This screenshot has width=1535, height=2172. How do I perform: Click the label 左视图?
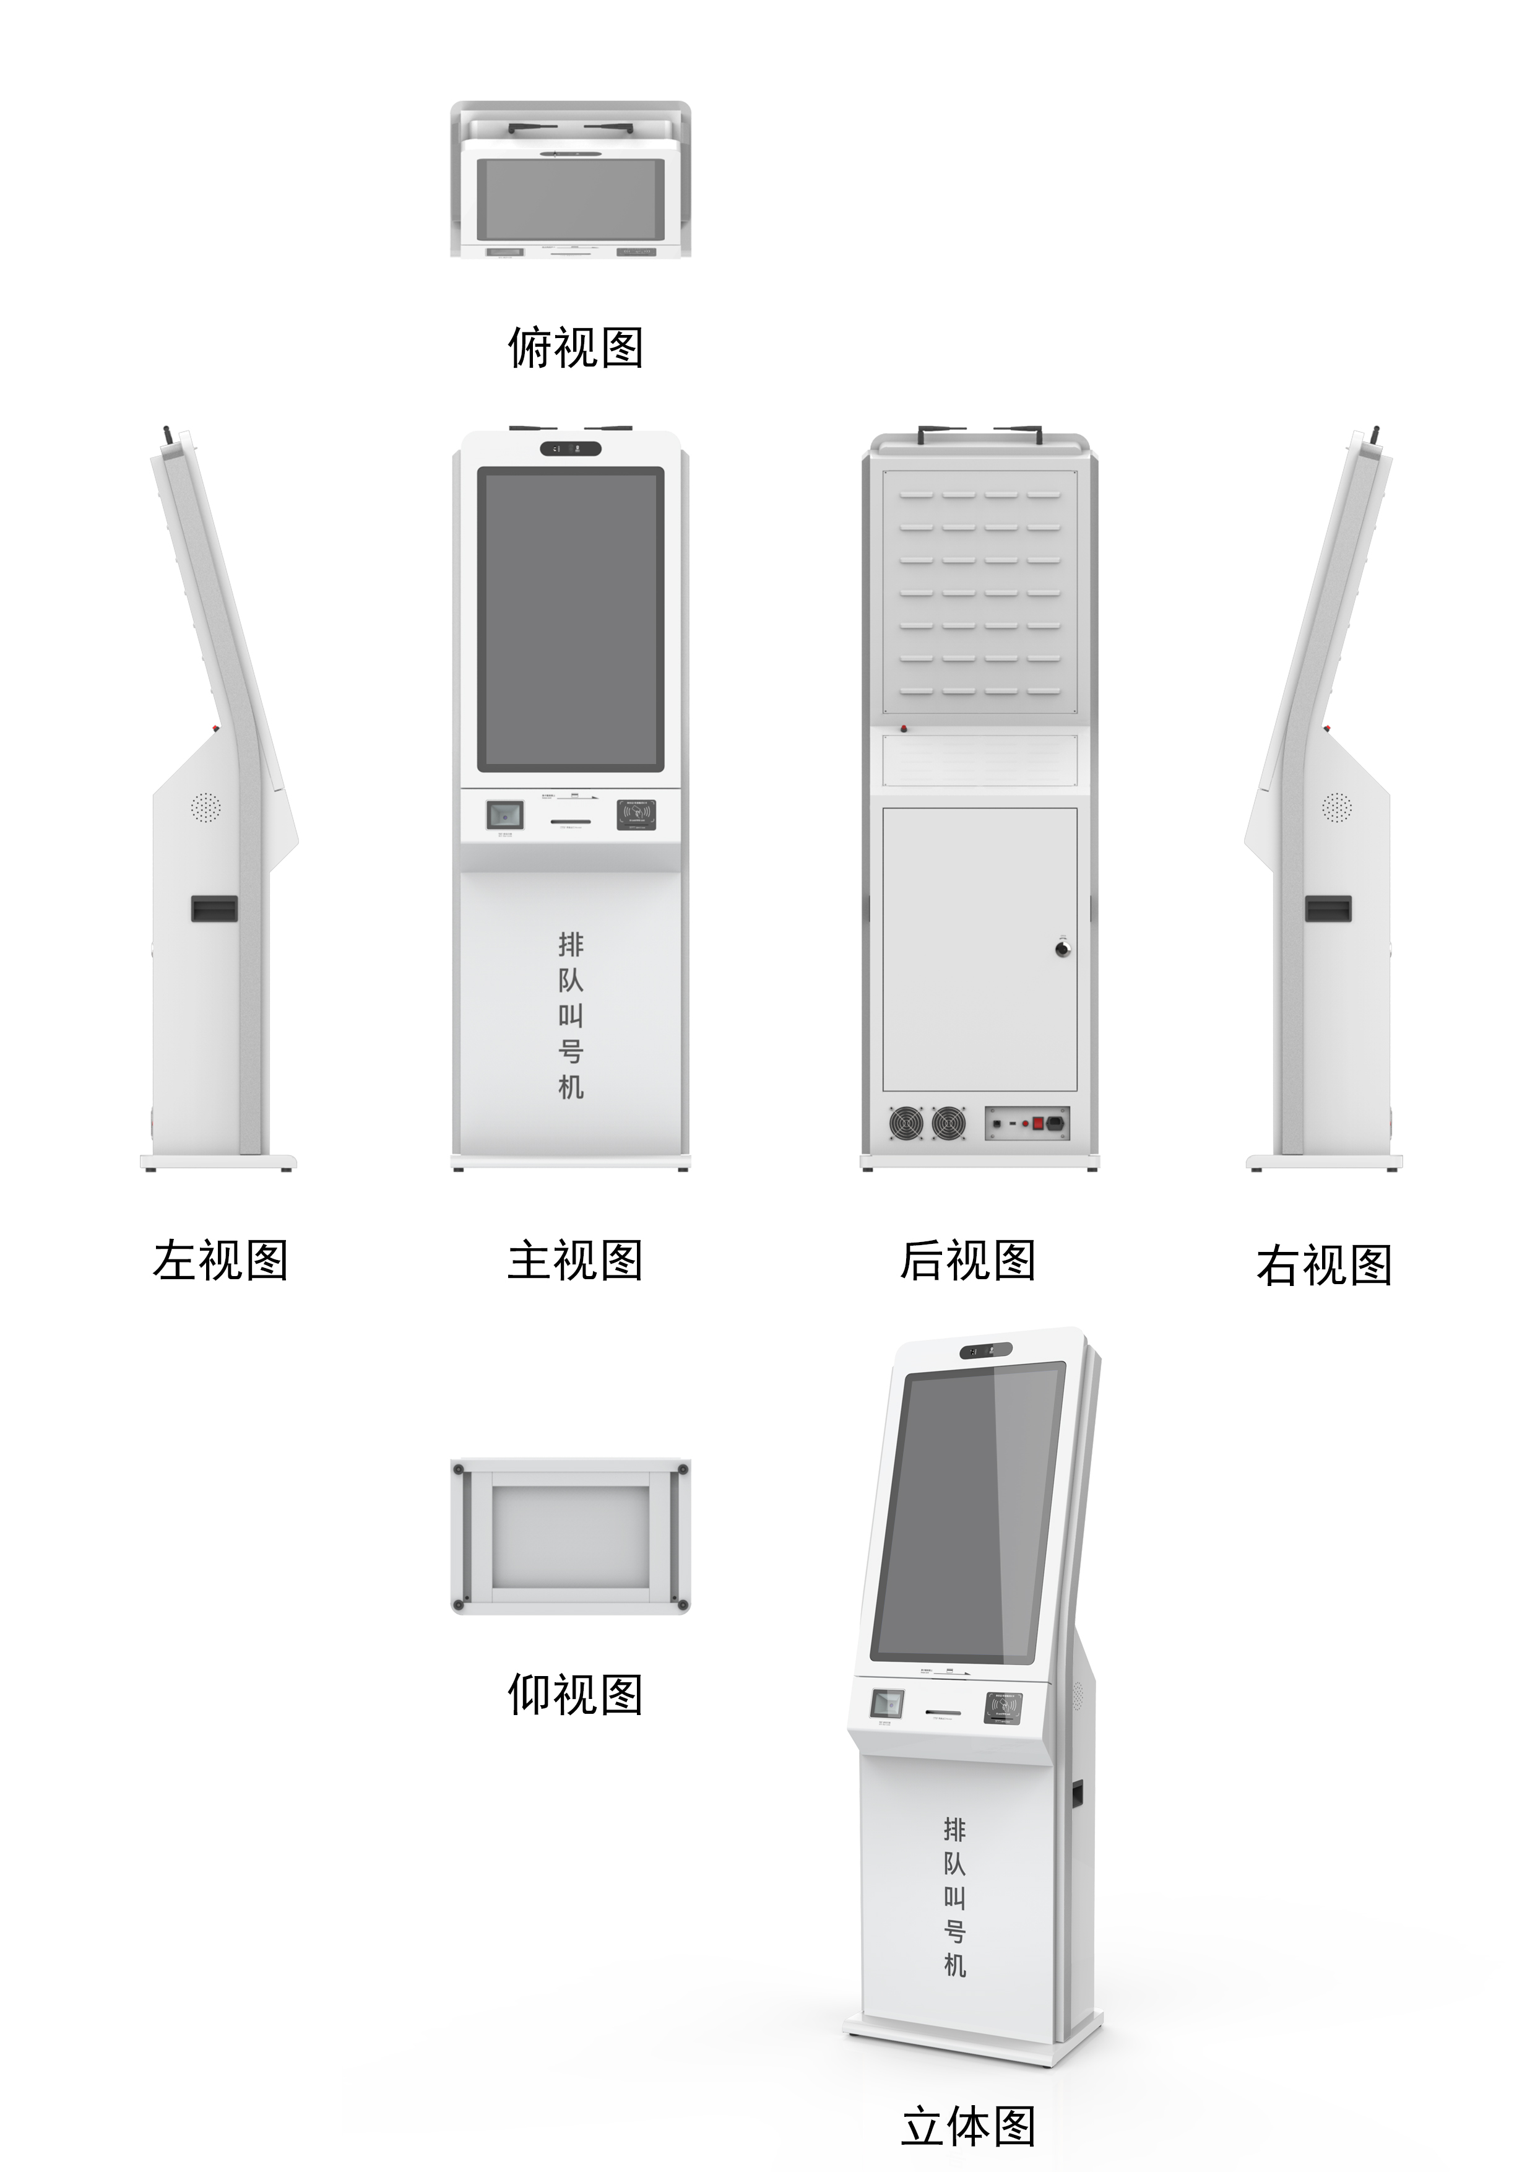click(x=220, y=1261)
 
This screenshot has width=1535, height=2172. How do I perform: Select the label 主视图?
click(x=575, y=1261)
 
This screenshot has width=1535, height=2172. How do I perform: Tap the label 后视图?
click(x=967, y=1261)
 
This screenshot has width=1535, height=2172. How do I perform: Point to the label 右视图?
click(x=1324, y=1266)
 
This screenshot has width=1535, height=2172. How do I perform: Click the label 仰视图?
click(x=575, y=1694)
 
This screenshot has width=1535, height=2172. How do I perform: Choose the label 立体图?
click(x=967, y=2127)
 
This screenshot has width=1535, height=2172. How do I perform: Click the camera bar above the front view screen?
click(x=571, y=448)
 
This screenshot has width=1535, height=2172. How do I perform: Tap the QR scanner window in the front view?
click(x=504, y=815)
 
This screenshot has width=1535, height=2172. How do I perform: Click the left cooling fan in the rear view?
click(x=906, y=1123)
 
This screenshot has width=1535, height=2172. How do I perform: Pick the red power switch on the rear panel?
click(x=1037, y=1124)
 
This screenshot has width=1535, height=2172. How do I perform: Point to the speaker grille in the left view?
click(x=205, y=807)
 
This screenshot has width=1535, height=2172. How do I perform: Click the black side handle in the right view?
click(x=1328, y=909)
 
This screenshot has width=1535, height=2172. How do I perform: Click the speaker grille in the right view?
click(x=1336, y=807)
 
